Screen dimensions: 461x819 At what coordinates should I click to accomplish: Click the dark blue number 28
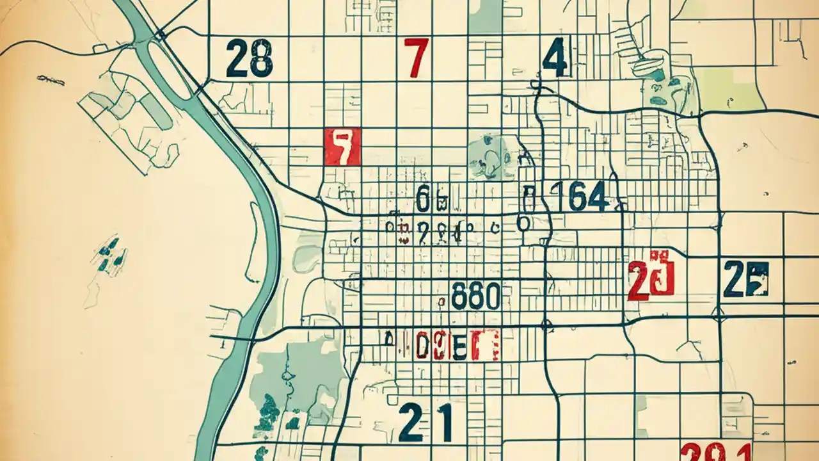click(249, 59)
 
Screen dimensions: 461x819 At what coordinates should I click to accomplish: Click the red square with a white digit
click(342, 147)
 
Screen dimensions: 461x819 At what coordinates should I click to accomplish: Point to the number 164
click(579, 197)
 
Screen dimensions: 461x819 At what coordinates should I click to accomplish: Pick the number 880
click(475, 296)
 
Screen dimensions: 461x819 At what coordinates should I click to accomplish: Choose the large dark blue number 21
click(425, 423)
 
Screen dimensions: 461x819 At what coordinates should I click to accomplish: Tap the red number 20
click(651, 279)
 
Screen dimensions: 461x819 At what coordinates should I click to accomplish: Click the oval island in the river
click(169, 69)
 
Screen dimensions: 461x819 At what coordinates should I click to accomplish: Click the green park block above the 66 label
click(486, 156)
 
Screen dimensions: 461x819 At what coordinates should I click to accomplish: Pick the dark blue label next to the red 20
click(745, 279)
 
